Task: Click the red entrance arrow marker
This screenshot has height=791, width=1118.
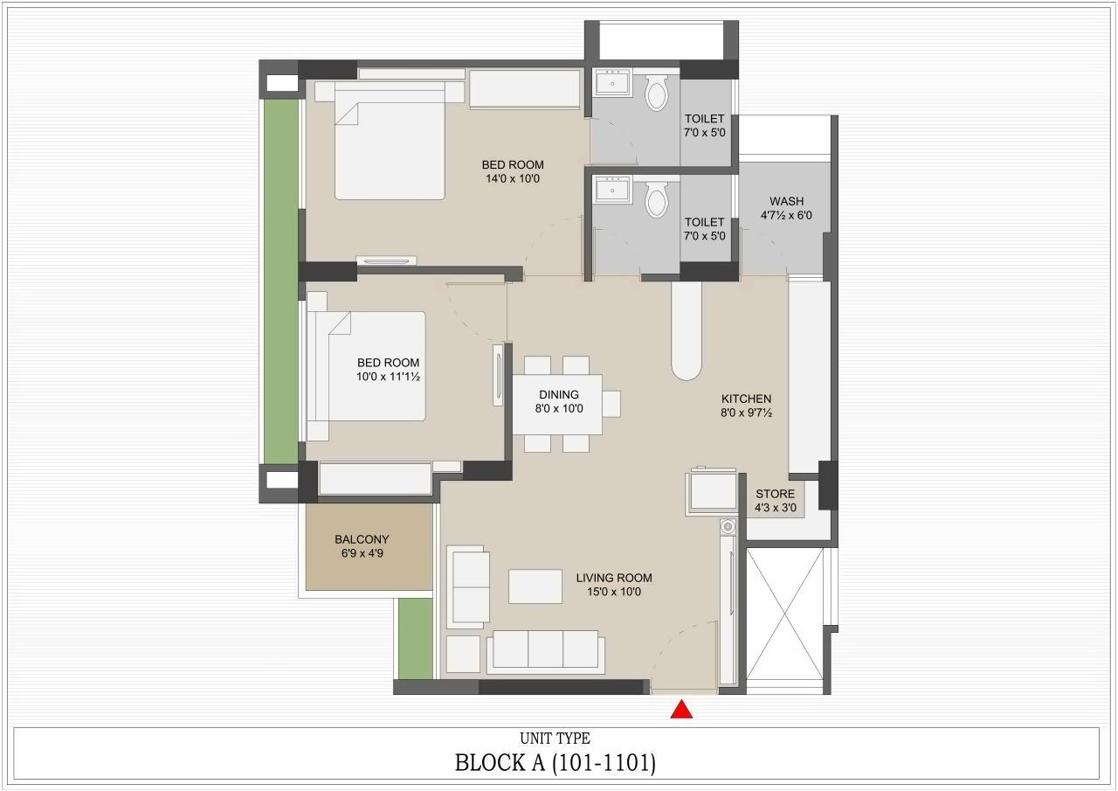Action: (x=681, y=710)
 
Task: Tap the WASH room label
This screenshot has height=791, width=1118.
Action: (x=786, y=201)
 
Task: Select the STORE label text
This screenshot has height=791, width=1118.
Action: (x=776, y=494)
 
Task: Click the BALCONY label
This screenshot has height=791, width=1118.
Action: (x=362, y=539)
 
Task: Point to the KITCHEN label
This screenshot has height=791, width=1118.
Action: (x=746, y=399)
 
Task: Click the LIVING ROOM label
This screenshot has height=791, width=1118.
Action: (x=614, y=578)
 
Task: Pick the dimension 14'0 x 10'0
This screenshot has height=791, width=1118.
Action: (x=513, y=178)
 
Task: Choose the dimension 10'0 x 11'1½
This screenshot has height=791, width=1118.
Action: (x=389, y=377)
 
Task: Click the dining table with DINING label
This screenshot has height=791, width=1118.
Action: (x=557, y=404)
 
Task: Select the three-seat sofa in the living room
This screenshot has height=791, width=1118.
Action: (x=546, y=650)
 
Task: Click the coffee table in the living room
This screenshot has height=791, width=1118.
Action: (x=535, y=586)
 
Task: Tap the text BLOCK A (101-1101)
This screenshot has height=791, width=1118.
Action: (x=556, y=763)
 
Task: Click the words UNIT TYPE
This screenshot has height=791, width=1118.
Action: (x=556, y=739)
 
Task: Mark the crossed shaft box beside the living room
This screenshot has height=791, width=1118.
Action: (x=785, y=615)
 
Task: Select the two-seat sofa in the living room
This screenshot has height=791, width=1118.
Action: (x=467, y=587)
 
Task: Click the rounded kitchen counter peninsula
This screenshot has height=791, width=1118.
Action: (x=687, y=332)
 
